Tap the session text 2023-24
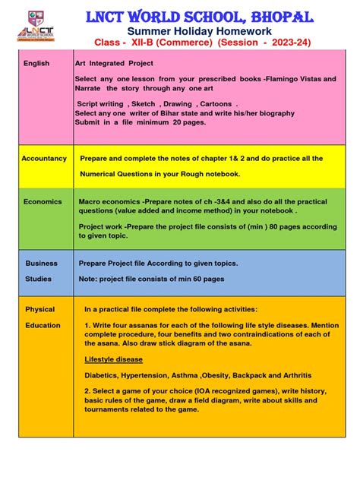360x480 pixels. click(293, 43)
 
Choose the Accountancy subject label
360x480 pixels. click(44, 159)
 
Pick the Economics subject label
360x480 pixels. click(42, 202)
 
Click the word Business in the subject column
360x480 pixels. click(42, 264)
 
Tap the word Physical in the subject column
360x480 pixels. click(40, 310)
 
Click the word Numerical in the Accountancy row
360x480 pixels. click(101, 174)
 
